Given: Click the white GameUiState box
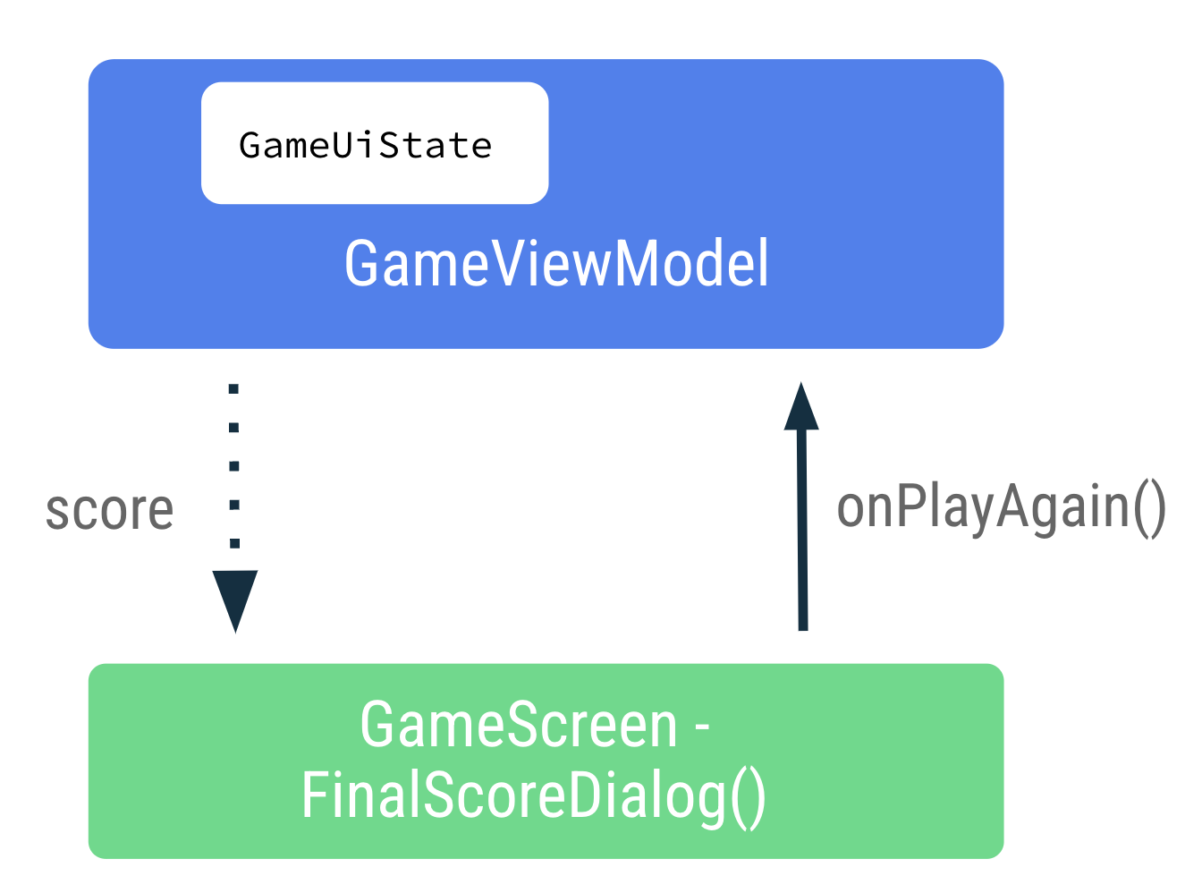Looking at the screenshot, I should pyautogui.click(x=375, y=143).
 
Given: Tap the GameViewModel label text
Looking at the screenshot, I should pyautogui.click(x=556, y=263).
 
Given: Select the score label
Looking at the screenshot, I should pyautogui.click(x=110, y=511).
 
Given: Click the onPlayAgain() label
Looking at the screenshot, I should pyautogui.click(x=1001, y=507).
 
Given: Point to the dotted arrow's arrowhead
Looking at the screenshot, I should pyautogui.click(x=235, y=599).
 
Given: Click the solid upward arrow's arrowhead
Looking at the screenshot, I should pyautogui.click(x=801, y=407).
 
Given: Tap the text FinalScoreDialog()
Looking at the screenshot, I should pyautogui.click(x=534, y=795).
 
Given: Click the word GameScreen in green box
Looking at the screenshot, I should pyautogui.click(x=519, y=725).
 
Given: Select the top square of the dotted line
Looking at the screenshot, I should pyautogui.click(x=234, y=389).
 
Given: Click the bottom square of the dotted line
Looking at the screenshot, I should pyautogui.click(x=234, y=543).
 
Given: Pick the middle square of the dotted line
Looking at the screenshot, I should pyautogui.click(x=234, y=466).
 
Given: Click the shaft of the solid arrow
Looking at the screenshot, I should pyautogui.click(x=802, y=537).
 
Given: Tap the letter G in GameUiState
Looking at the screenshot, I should pyautogui.click(x=250, y=145).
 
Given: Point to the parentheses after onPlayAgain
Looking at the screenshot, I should pyautogui.click(x=1149, y=507).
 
